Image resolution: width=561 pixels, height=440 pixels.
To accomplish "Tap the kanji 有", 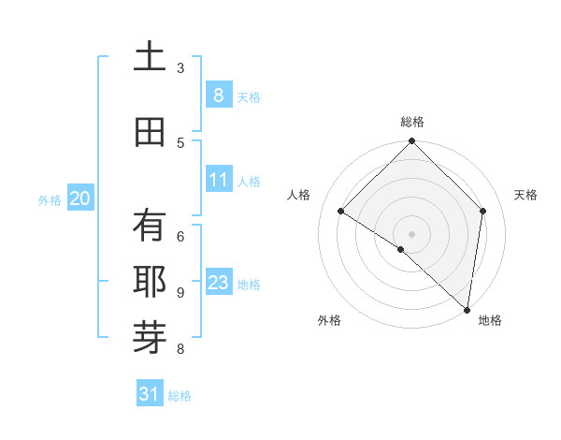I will click(x=149, y=226).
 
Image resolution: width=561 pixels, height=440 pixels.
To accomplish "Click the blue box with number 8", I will click(x=218, y=95).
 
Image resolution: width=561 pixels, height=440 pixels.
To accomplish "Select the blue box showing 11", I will click(x=218, y=180).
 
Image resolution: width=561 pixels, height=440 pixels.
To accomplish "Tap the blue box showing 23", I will click(x=218, y=283).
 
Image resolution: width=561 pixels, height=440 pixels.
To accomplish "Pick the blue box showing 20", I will click(x=79, y=198).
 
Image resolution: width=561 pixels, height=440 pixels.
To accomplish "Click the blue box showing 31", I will click(x=150, y=394).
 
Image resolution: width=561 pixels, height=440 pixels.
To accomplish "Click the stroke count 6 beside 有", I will click(x=180, y=236).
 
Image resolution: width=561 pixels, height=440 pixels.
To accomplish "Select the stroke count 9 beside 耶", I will click(x=180, y=292).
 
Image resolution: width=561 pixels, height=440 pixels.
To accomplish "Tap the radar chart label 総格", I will click(x=412, y=122).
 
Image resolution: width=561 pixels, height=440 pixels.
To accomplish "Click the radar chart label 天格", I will click(x=525, y=195).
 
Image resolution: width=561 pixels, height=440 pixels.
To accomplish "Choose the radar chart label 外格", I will click(x=329, y=320).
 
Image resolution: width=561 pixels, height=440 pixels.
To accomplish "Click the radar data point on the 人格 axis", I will click(x=341, y=212).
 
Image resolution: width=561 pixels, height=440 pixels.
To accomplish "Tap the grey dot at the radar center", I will click(x=412, y=233).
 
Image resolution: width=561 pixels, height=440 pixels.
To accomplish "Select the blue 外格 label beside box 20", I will click(x=49, y=199).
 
